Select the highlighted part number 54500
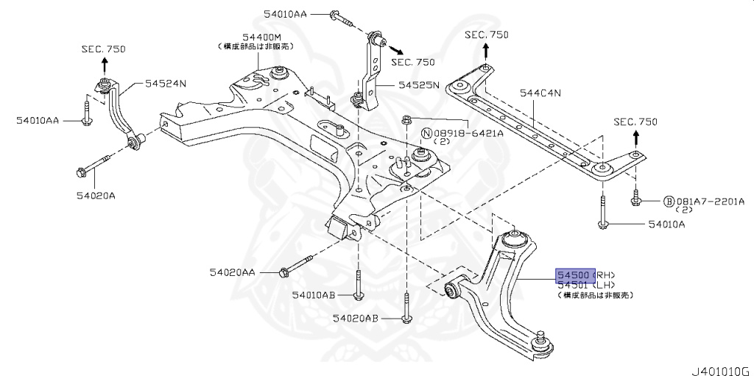(574, 274)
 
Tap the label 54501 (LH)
(585, 285)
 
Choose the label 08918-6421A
(462, 133)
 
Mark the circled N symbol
(426, 133)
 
